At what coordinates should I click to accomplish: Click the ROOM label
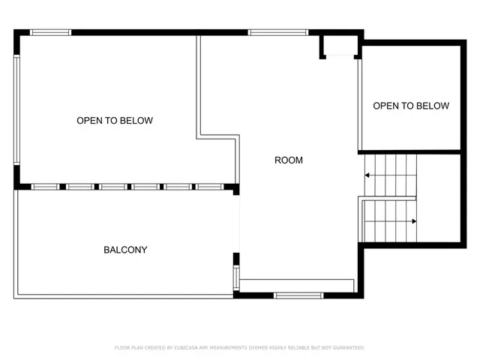pyautogui.click(x=289, y=160)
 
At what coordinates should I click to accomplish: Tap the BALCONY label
pyautogui.click(x=125, y=250)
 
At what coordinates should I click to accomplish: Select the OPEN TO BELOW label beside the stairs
pyautogui.click(x=411, y=106)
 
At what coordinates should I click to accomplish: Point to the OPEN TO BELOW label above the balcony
pyautogui.click(x=115, y=120)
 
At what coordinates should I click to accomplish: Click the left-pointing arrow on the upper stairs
pyautogui.click(x=368, y=175)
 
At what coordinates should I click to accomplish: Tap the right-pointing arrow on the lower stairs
pyautogui.click(x=413, y=221)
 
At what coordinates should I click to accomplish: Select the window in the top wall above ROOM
pyautogui.click(x=278, y=32)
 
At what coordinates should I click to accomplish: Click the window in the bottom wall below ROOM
pyautogui.click(x=298, y=295)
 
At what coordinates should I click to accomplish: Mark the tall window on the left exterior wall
pyautogui.click(x=16, y=109)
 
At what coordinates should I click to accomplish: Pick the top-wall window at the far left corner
pyautogui.click(x=50, y=32)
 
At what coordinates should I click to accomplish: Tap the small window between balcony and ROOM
pyautogui.click(x=236, y=277)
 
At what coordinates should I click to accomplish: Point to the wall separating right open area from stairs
pyautogui.click(x=410, y=151)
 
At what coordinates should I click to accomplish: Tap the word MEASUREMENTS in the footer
pyautogui.click(x=232, y=348)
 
